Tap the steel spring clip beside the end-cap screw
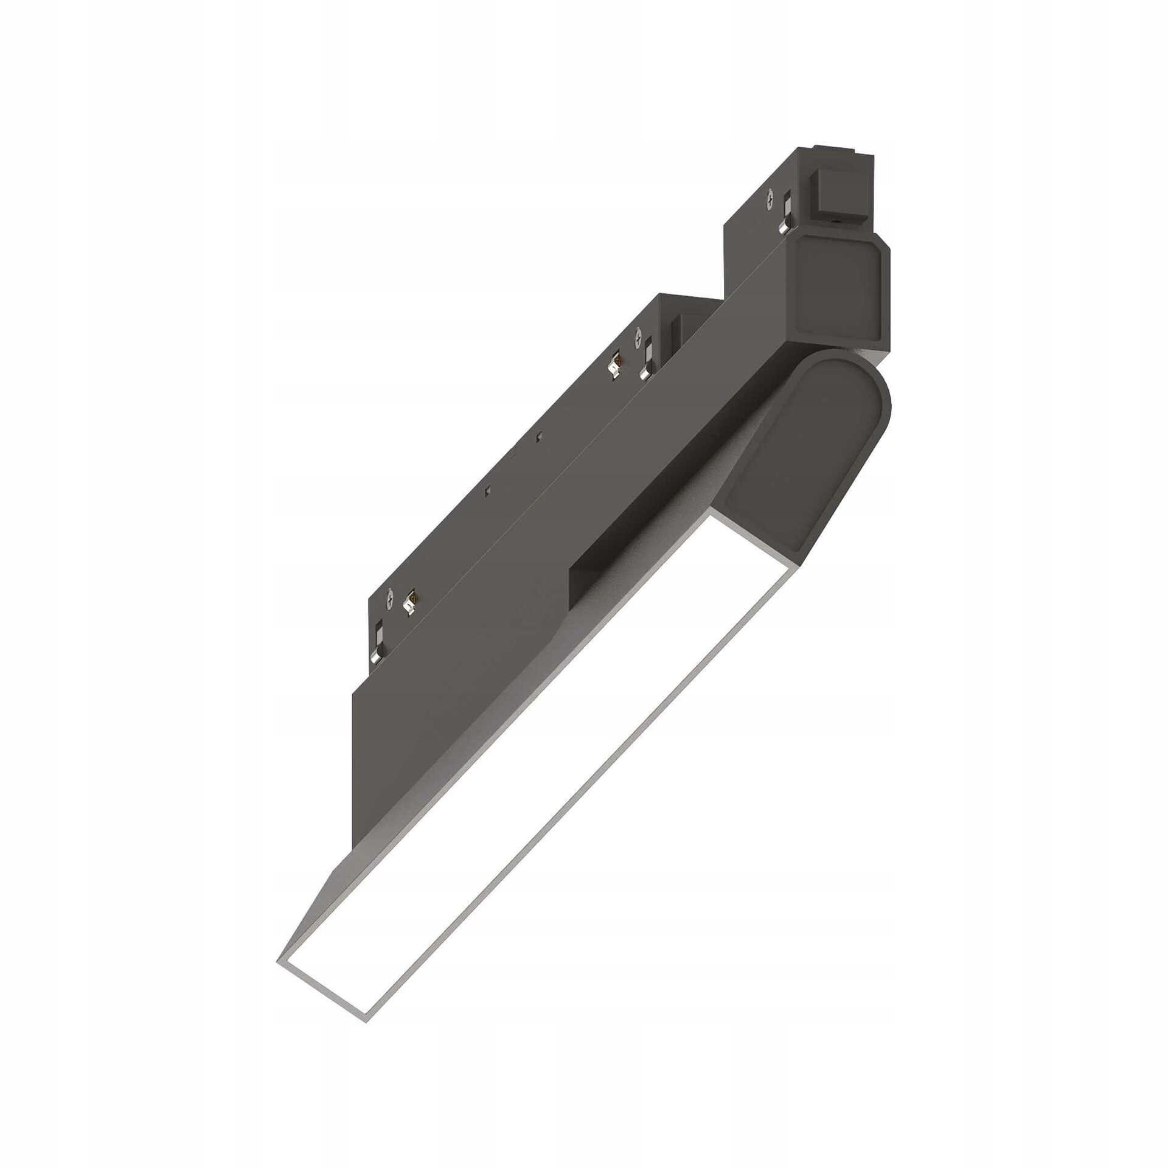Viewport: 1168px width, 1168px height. [787, 214]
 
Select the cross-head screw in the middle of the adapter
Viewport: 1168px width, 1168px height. [638, 333]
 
